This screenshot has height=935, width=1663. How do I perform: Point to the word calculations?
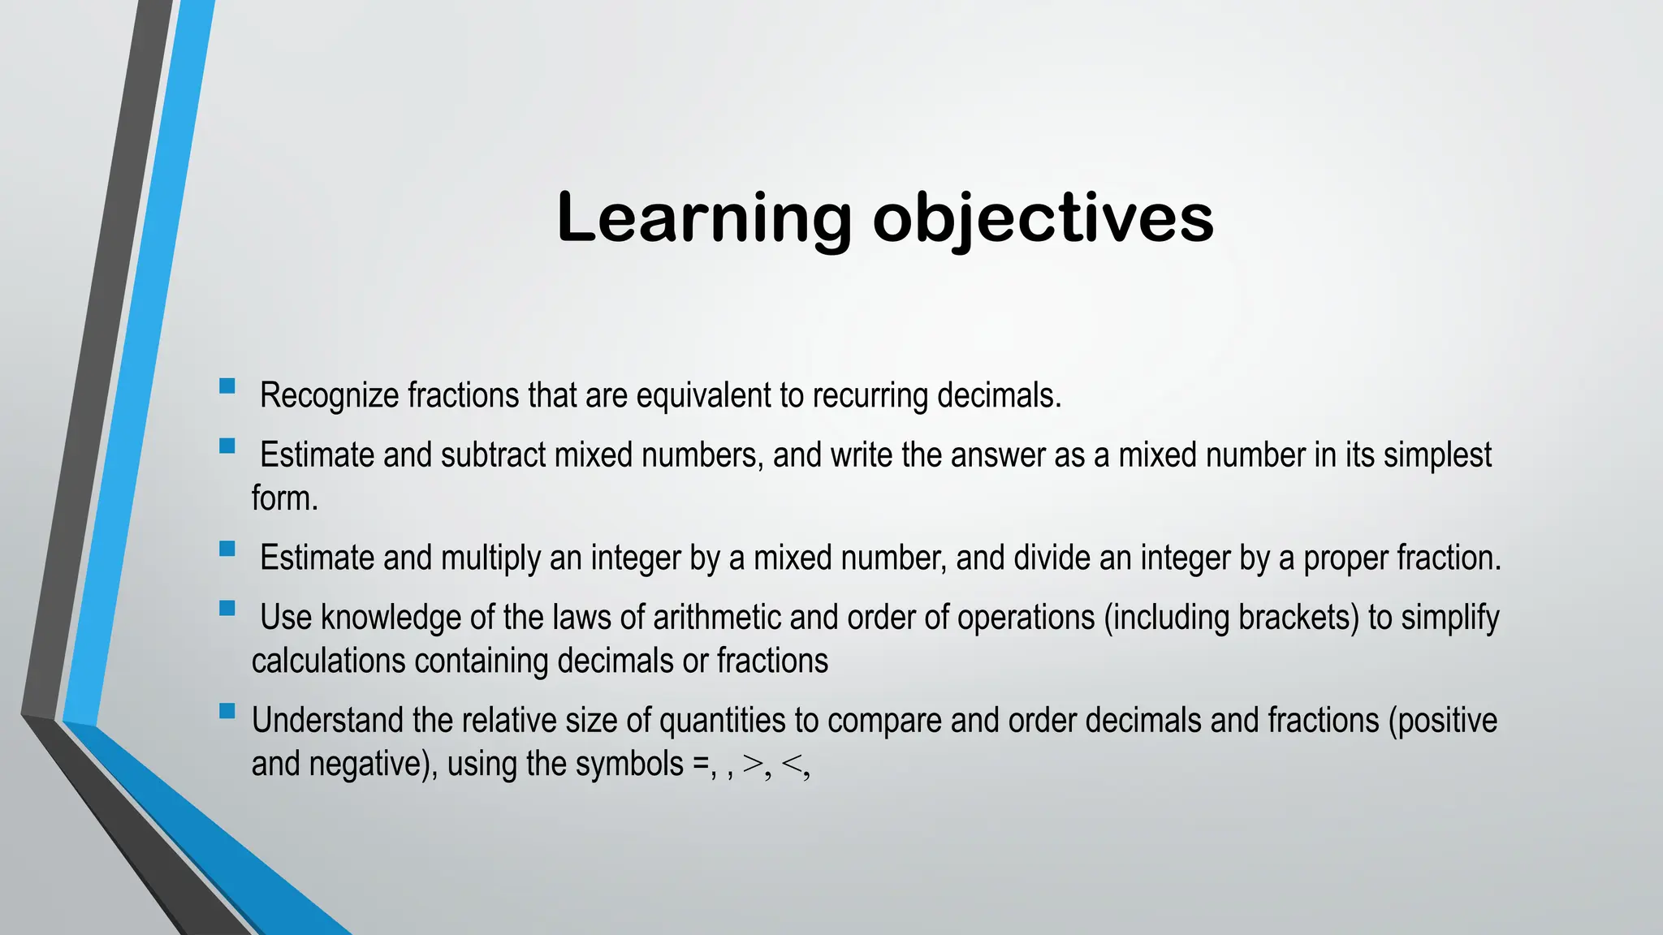(x=328, y=661)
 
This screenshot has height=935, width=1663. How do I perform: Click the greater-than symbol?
(x=753, y=765)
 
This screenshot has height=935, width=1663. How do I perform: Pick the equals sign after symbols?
(x=700, y=765)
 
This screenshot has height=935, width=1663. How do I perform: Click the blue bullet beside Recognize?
(x=227, y=386)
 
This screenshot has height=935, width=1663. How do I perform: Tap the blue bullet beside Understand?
(x=227, y=711)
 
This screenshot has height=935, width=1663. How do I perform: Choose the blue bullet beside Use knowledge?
(x=227, y=608)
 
